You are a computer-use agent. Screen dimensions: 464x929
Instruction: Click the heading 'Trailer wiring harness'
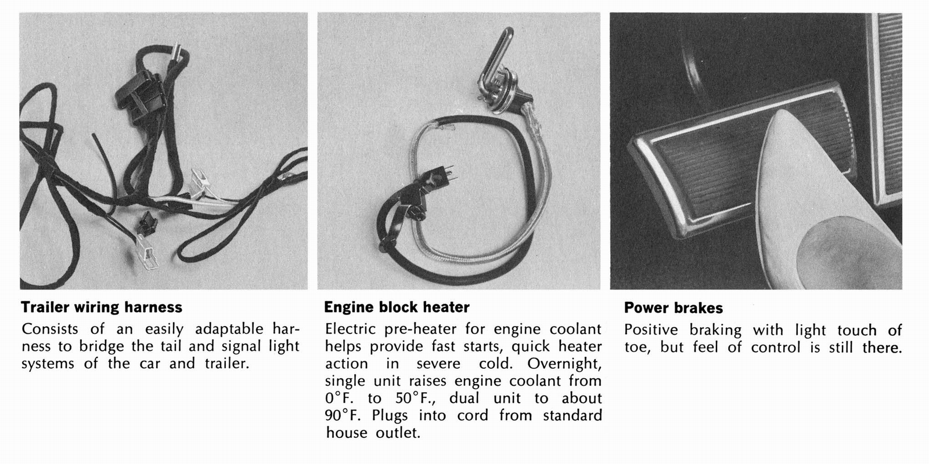click(102, 307)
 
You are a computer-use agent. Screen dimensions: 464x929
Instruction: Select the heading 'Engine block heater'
click(397, 307)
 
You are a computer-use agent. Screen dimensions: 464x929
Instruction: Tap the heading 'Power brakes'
click(673, 308)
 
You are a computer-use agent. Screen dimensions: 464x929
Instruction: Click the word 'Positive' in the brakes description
click(650, 331)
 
